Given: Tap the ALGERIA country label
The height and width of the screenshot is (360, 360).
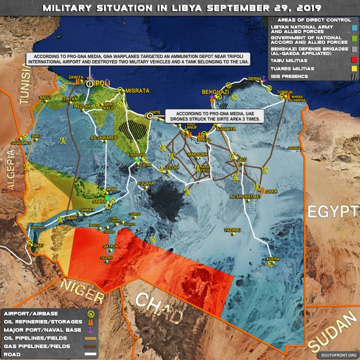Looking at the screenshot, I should point(13,169).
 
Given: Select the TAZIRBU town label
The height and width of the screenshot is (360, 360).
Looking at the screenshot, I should point(232,231).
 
